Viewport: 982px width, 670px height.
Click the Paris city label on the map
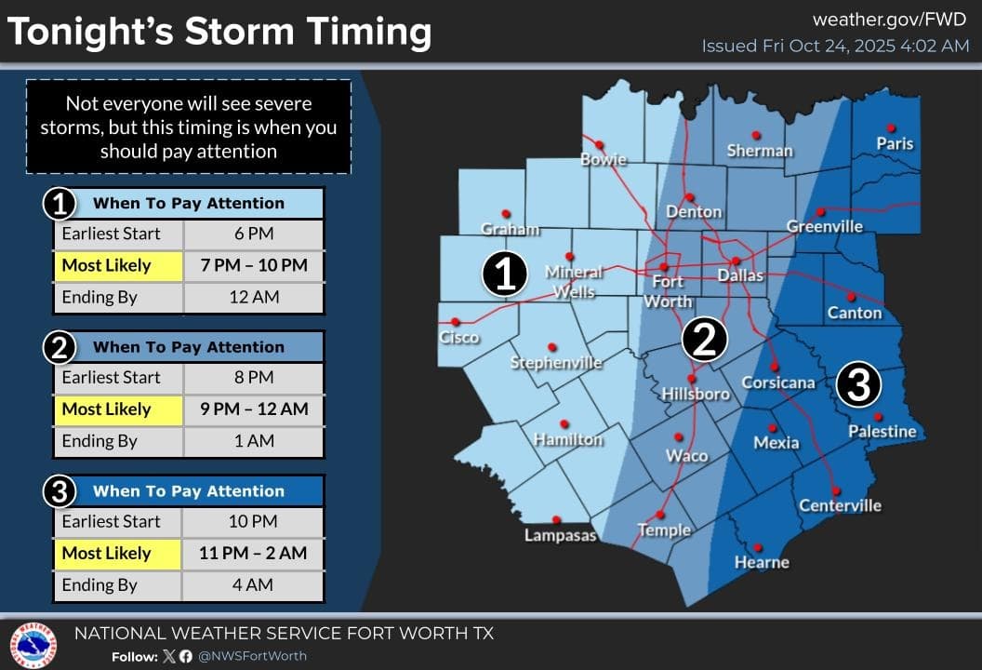pos(895,143)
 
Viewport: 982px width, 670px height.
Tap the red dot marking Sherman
pos(756,134)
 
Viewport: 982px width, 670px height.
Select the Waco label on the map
pos(686,456)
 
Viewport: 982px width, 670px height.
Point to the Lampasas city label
pos(560,535)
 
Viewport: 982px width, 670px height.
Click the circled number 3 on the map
pos(858,383)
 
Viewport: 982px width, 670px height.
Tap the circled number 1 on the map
pos(505,275)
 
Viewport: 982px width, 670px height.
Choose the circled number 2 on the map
pos(704,340)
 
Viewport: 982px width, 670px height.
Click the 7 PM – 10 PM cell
pos(253,265)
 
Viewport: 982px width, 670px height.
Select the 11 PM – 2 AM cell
pos(253,553)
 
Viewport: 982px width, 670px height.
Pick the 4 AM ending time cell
pos(253,585)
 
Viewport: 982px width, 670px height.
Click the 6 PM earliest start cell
pos(253,234)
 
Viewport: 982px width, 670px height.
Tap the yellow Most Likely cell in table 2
pos(118,409)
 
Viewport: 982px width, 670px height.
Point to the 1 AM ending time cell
pos(253,441)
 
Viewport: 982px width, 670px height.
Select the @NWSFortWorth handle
pos(252,656)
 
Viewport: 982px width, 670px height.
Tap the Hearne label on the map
pos(762,562)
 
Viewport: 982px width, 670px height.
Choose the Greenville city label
pos(824,226)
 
